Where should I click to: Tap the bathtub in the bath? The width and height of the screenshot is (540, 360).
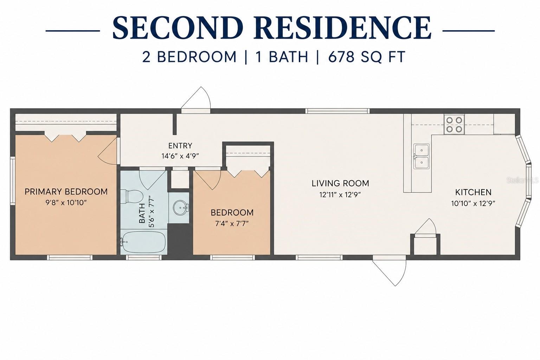(x=143, y=242)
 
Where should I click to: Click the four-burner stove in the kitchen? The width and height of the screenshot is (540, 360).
(x=454, y=125)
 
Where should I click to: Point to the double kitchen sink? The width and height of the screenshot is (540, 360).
(x=422, y=156)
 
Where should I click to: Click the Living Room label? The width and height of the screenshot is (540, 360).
(x=340, y=184)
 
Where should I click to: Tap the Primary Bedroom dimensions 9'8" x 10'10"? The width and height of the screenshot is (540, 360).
(x=66, y=202)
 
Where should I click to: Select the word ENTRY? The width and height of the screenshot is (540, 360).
(x=180, y=146)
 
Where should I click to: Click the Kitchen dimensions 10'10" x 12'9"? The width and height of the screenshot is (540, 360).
(x=473, y=204)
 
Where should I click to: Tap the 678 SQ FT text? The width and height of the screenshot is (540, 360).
(x=366, y=57)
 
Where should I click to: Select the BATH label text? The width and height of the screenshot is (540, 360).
(x=142, y=213)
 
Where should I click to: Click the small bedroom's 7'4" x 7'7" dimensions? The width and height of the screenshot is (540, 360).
(x=232, y=224)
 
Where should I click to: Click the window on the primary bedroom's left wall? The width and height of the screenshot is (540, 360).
(x=13, y=181)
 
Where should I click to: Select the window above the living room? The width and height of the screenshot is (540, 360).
(x=337, y=111)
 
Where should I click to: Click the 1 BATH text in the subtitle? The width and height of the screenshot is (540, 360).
(x=282, y=57)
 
